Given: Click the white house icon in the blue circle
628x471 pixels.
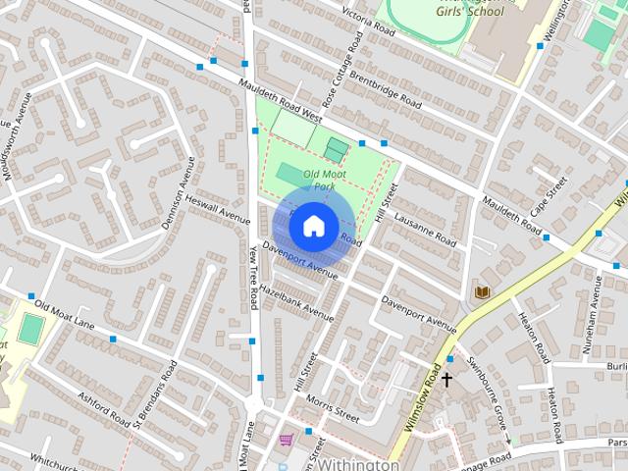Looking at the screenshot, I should coord(312,226).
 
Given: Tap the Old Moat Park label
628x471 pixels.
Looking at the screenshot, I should coord(325,180).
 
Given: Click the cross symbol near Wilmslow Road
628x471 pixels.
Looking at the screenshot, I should coord(446,379).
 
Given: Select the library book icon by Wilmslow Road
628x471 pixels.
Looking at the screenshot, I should coord(482,292).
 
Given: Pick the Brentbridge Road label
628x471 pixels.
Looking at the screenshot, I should coord(386,91).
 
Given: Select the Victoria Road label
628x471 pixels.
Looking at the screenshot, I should coord(369,18).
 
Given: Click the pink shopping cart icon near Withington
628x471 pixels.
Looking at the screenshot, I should coord(286,439).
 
